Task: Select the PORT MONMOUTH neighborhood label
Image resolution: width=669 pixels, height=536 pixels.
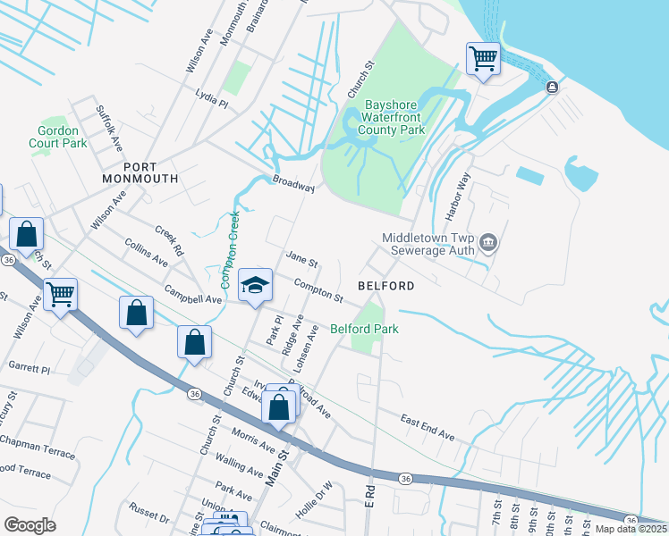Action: click(x=140, y=172)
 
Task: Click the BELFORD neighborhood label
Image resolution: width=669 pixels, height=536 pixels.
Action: click(x=385, y=286)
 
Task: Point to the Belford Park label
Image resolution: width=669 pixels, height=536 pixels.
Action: click(x=364, y=329)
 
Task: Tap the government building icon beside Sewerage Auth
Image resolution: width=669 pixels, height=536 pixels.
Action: click(x=488, y=241)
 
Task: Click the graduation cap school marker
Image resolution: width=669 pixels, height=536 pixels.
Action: click(x=256, y=285)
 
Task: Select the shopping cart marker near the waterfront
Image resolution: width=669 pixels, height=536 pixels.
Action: click(x=483, y=59)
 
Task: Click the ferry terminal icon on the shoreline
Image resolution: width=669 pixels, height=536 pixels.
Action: click(x=552, y=87)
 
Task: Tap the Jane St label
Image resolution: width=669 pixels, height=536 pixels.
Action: click(x=301, y=260)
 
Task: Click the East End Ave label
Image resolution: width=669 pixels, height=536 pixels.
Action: click(x=428, y=427)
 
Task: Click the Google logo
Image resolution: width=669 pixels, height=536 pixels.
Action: click(x=30, y=524)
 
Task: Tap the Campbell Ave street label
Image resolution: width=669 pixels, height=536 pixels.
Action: click(x=193, y=294)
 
